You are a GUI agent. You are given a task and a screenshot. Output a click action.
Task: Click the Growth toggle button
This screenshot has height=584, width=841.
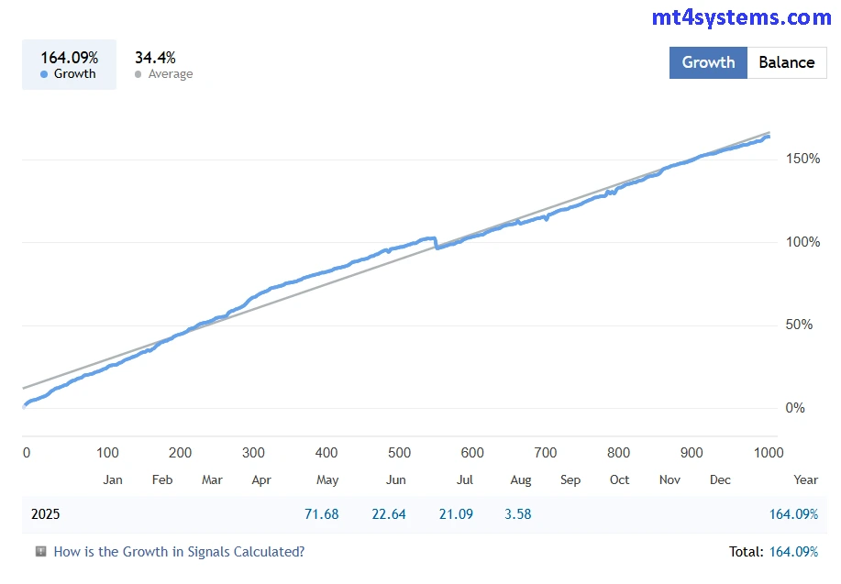tap(708, 62)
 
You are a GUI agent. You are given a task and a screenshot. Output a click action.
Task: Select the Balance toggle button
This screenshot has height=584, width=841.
tap(786, 62)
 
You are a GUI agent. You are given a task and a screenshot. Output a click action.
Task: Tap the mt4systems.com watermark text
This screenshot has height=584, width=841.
tap(741, 17)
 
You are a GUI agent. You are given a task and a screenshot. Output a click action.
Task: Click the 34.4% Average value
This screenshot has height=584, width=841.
tap(155, 58)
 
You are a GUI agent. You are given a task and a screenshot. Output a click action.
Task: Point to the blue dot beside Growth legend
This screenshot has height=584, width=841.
tap(44, 74)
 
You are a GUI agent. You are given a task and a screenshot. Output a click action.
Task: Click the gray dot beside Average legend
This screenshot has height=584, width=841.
tap(138, 74)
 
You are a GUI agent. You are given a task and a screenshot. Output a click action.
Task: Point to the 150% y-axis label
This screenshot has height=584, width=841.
tap(802, 159)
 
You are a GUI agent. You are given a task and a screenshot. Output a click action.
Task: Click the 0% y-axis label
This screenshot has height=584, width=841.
tap(795, 408)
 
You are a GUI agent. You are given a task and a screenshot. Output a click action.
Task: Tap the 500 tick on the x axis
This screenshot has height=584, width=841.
tap(399, 452)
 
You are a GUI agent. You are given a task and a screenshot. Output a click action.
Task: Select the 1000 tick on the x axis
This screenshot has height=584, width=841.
tap(768, 452)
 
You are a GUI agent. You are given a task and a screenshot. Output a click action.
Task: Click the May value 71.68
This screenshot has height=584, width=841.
tap(321, 514)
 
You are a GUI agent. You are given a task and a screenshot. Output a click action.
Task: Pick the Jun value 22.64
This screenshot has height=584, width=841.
tap(389, 514)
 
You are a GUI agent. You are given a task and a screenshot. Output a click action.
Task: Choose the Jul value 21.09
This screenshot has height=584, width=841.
tap(456, 514)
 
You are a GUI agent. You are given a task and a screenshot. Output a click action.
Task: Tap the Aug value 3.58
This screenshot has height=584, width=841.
tap(517, 514)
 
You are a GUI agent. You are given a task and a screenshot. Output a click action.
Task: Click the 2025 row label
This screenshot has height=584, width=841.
tap(45, 514)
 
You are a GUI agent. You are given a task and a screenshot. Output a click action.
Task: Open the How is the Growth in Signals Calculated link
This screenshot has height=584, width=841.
tap(179, 552)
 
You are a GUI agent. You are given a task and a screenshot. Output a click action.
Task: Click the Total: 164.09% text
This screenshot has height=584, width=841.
tap(772, 552)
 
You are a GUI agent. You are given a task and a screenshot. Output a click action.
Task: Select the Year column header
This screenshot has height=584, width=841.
tap(805, 479)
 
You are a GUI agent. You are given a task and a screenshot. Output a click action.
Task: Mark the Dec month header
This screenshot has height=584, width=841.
tap(720, 479)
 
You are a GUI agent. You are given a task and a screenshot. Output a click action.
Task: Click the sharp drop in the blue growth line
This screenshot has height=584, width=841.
tap(436, 244)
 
